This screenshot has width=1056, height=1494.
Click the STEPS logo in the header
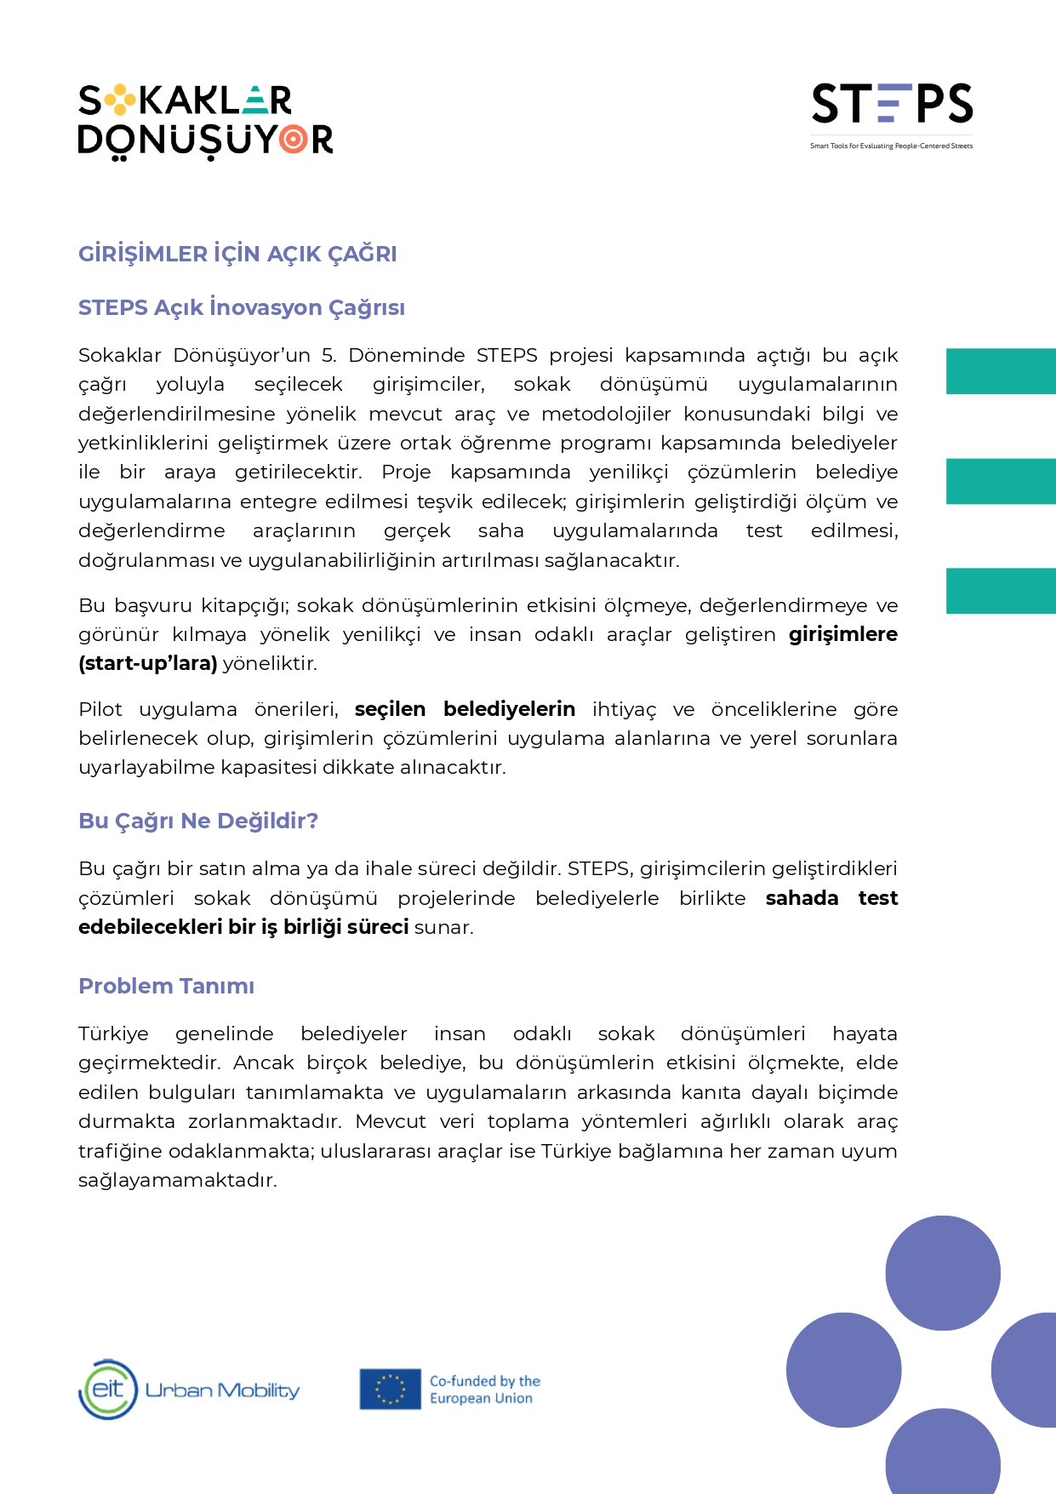(x=892, y=104)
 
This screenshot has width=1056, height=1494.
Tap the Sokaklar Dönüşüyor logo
(x=205, y=121)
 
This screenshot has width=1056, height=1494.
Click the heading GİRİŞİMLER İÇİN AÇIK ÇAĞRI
(x=237, y=254)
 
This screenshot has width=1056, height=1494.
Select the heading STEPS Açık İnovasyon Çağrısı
(x=242, y=307)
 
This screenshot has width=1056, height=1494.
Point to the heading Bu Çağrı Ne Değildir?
(x=198, y=821)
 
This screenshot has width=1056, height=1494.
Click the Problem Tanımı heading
(x=166, y=986)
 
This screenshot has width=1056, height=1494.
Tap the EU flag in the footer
(x=390, y=1389)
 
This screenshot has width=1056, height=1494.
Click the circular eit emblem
(x=108, y=1389)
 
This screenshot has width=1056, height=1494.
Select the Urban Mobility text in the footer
(x=223, y=1390)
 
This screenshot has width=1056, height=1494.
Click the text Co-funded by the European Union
(x=484, y=1389)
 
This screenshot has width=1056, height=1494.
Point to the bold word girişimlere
(x=842, y=634)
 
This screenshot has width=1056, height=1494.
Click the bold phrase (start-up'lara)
(x=148, y=663)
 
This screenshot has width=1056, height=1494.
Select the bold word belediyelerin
(x=509, y=709)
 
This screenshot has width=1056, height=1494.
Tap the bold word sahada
(x=802, y=898)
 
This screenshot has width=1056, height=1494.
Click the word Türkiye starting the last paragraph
(x=113, y=1033)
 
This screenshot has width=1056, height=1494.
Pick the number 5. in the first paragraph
(x=328, y=355)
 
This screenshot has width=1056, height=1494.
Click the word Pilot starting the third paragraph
(x=100, y=709)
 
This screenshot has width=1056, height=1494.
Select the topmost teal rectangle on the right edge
(x=1001, y=371)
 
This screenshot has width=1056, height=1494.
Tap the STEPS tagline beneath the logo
(x=891, y=146)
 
